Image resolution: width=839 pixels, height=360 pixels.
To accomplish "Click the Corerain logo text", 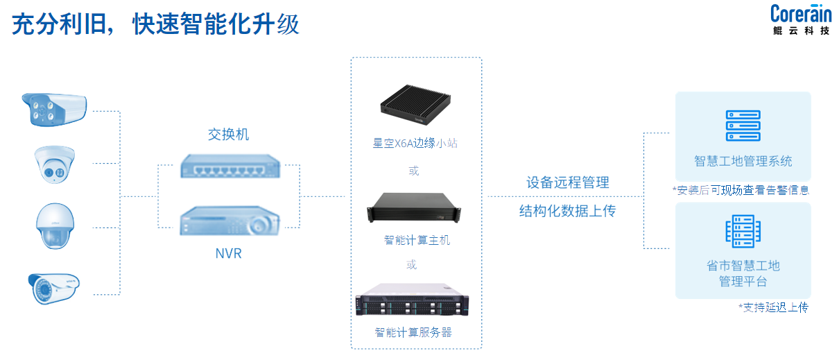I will click(x=801, y=14).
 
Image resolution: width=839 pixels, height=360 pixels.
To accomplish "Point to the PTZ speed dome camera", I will click(x=53, y=225).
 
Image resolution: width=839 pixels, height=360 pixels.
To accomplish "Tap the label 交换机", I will click(x=228, y=135).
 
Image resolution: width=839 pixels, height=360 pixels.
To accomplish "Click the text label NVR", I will click(x=228, y=254).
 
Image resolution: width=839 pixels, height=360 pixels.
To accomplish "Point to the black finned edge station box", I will click(x=415, y=105).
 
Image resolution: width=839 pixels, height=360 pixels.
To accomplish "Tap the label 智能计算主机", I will click(x=417, y=240).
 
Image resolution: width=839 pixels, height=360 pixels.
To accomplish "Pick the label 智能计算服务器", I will click(x=413, y=332).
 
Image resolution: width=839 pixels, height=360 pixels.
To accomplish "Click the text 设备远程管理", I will click(x=567, y=182).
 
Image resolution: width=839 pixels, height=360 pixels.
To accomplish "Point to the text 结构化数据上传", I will click(x=567, y=211).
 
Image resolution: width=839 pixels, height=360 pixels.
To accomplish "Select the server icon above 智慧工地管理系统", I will click(x=743, y=126).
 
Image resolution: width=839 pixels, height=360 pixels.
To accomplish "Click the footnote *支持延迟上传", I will click(x=773, y=307).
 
